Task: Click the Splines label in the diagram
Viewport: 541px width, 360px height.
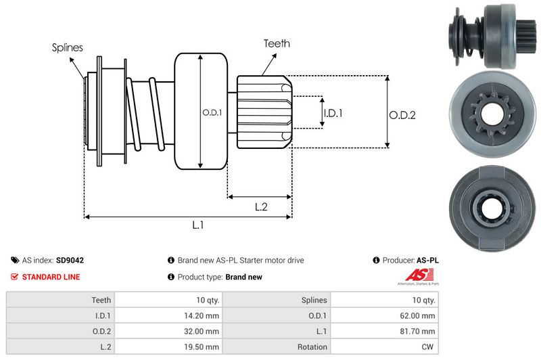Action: [68, 47]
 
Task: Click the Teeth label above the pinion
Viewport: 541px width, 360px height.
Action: [277, 43]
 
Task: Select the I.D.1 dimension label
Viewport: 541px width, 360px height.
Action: [333, 113]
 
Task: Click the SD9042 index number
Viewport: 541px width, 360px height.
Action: [70, 260]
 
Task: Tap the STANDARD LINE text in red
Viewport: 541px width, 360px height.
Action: [51, 277]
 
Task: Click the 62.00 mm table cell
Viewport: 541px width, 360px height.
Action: [419, 315]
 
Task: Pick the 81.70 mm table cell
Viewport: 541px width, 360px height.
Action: [419, 331]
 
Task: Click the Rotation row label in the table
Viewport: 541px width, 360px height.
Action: [312, 347]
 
